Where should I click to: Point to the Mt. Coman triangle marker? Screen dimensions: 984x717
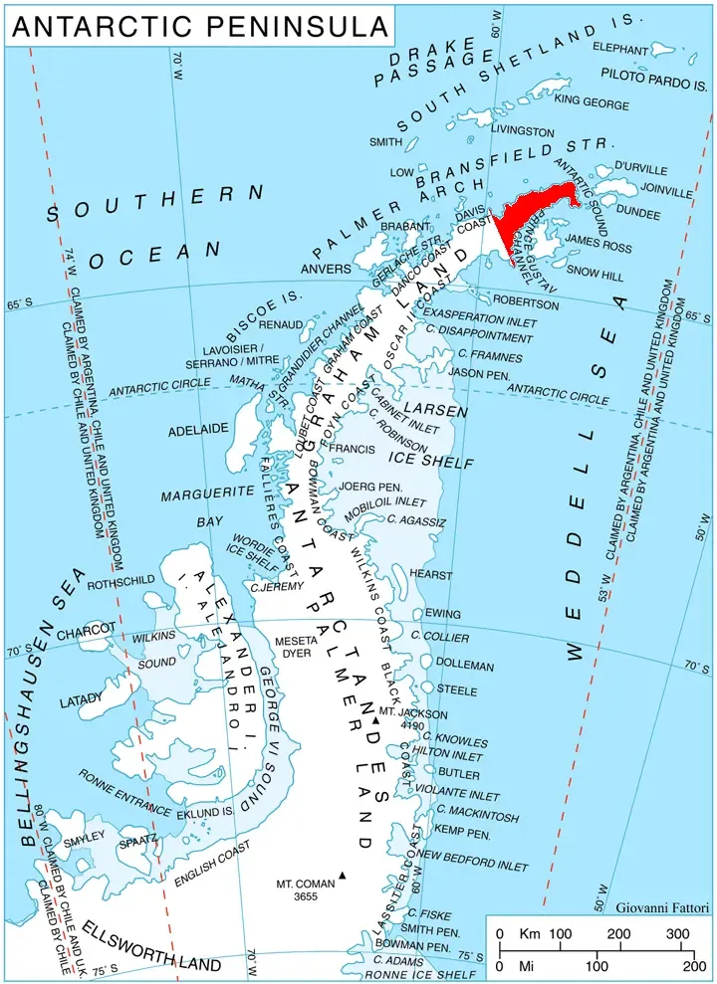tap(343, 876)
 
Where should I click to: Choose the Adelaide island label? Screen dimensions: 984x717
tap(198, 429)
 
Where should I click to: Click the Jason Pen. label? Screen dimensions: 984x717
tap(479, 373)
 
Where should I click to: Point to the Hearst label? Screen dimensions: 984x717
tap(430, 575)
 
